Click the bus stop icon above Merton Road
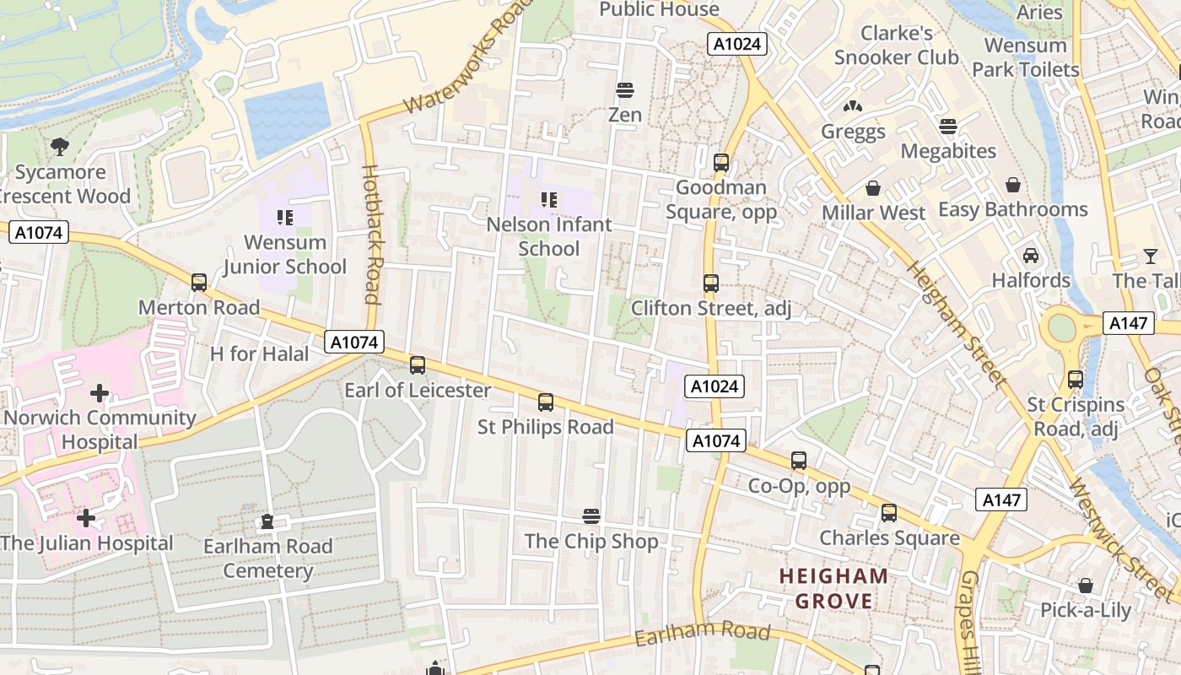199,283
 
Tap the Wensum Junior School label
285,254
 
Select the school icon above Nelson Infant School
549,200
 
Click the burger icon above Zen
625,89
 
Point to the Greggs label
854,132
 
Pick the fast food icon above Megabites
949,127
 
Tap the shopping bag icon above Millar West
873,188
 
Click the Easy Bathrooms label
1013,209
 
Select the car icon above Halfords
1031,255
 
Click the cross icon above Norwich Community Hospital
100,392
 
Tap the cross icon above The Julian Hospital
86,517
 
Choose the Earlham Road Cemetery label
268,559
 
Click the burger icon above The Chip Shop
591,516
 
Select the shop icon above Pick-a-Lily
1086,586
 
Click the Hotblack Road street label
372,234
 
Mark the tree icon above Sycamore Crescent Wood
60,147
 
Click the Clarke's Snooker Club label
897,46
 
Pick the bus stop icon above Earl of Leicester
418,365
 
